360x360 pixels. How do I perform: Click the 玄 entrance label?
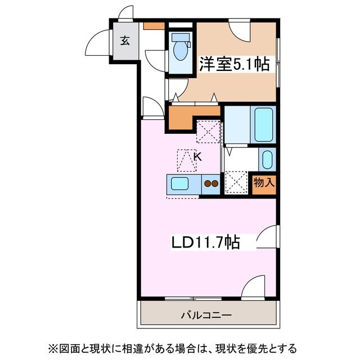coord(124,40)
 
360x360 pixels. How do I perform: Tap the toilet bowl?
coord(181,50)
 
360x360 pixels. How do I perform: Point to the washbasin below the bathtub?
coord(267,159)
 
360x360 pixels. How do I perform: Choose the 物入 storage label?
coord(264,183)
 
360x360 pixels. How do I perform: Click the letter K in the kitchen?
coord(197,157)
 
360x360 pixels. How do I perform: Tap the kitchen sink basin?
coord(181,183)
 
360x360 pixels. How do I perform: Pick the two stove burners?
coord(211,183)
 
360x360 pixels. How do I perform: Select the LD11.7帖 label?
coord(205,242)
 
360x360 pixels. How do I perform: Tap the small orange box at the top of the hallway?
coord(154,25)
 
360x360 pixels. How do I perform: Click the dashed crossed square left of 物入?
coord(236,183)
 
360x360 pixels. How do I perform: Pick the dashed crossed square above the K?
coord(208,132)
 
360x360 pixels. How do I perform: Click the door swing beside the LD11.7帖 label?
coord(267,236)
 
